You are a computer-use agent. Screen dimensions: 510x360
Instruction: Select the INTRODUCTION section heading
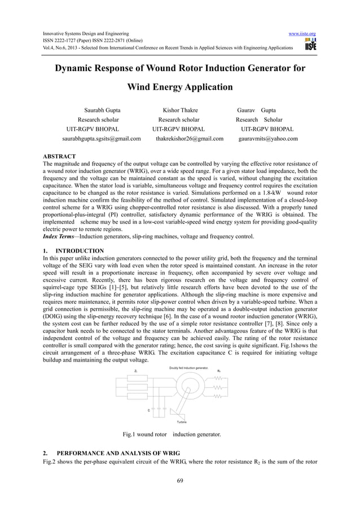79,250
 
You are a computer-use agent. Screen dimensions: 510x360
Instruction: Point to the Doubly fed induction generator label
189,368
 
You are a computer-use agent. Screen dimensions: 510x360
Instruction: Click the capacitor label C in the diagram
148,409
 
